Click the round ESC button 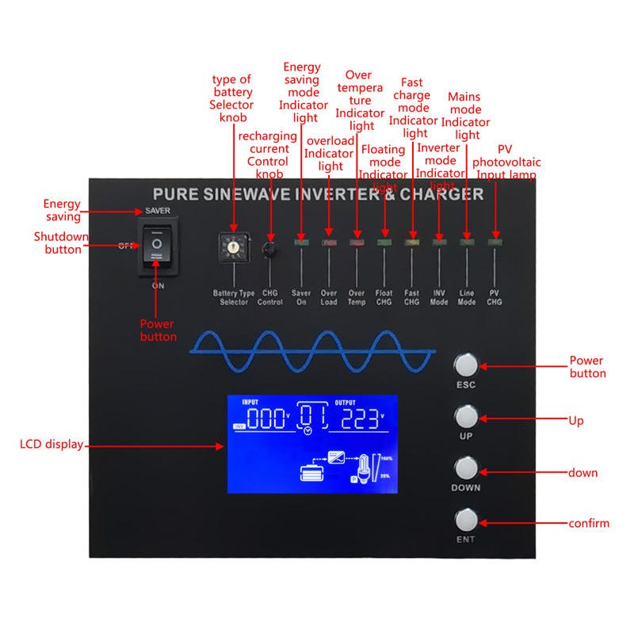[466, 365]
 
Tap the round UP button [466, 416]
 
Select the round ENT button [466, 520]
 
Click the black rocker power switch [157, 246]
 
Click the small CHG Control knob [270, 250]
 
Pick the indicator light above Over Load [329, 240]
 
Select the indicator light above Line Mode [467, 240]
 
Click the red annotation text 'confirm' [589, 523]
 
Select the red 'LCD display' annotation [52, 445]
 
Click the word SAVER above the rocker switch [157, 211]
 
